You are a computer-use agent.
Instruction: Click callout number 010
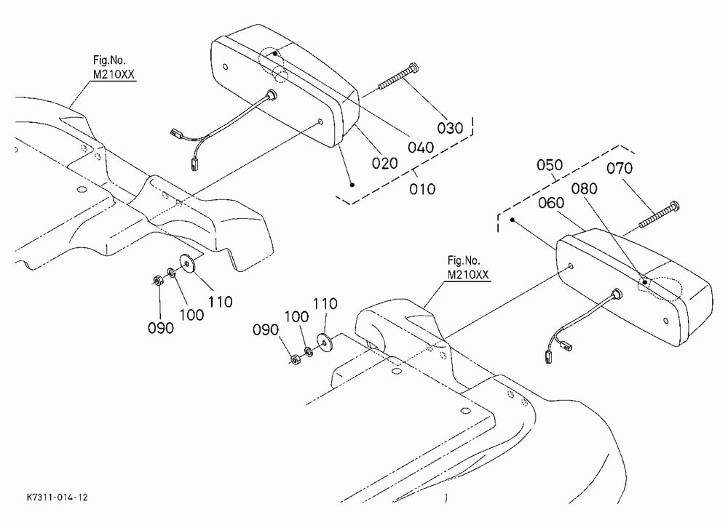point(422,189)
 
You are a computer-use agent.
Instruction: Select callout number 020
point(384,164)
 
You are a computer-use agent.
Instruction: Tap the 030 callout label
point(450,127)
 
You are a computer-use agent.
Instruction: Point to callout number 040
point(421,148)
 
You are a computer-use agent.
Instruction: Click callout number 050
point(550,164)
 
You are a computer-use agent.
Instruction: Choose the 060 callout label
point(551,203)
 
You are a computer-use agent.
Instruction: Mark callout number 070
point(620,167)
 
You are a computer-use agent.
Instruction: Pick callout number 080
point(584,188)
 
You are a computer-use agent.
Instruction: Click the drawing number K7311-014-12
point(57,497)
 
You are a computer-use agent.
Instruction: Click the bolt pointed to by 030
point(399,76)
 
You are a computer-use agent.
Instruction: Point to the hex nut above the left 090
point(157,280)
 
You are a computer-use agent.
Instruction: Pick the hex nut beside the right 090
point(294,359)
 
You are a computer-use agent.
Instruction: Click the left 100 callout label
point(191,315)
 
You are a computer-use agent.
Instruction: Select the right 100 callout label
point(296,317)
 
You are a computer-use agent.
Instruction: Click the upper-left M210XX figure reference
point(114,74)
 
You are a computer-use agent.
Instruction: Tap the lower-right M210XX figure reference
point(468,275)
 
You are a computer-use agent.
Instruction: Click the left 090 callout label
point(161,328)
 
